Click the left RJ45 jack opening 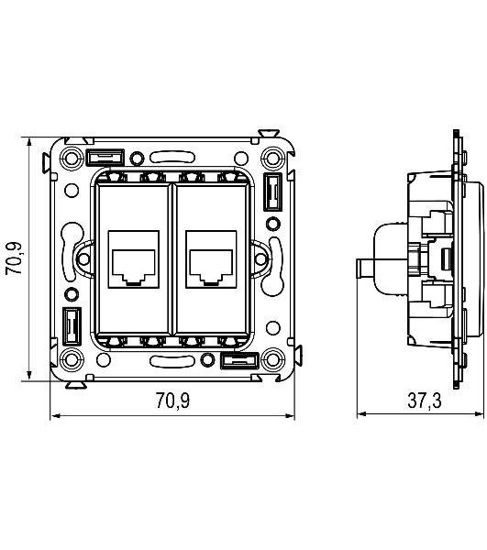134,266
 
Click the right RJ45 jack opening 211,266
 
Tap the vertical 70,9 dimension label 14,258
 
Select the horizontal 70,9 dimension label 172,401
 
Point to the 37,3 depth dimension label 425,401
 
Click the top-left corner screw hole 72,158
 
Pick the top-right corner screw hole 273,158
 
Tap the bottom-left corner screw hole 72,358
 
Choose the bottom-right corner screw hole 273,358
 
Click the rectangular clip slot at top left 105,157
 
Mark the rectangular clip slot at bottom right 240,361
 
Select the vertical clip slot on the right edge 273,192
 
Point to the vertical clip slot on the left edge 72,326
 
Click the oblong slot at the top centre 172,157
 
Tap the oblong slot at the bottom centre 172,361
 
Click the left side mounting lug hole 83,259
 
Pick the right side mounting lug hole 261,259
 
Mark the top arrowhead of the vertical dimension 29,142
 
